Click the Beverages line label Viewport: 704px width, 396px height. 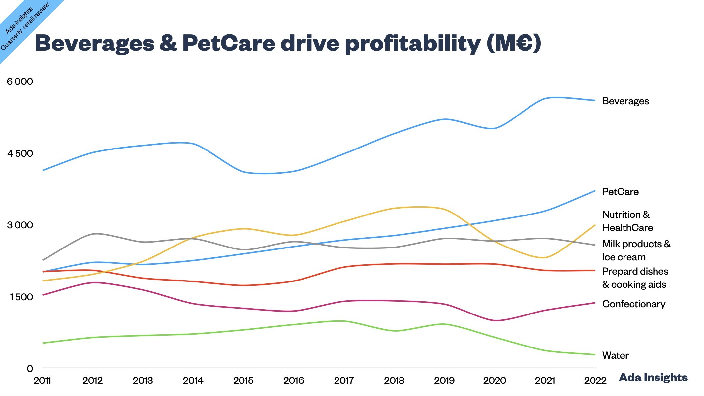pos(625,101)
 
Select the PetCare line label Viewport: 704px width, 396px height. pos(620,192)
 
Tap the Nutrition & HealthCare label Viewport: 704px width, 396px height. pos(627,221)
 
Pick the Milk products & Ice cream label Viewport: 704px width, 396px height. pos(636,250)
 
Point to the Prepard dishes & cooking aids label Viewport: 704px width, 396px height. pos(635,278)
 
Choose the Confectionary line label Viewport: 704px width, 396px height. pos(633,304)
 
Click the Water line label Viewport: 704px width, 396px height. pos(615,355)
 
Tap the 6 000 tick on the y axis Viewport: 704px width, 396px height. pos(20,82)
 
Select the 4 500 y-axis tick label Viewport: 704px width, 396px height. pos(20,153)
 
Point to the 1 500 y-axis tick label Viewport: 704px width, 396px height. pos(21,297)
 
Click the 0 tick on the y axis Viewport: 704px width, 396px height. pos(30,369)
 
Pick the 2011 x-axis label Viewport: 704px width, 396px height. pos(43,381)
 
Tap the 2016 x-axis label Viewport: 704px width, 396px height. pos(294,381)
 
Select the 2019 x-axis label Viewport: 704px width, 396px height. pos(444,381)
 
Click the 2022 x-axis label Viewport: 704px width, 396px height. pos(595,381)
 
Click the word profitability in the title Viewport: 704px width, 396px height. pos(413,44)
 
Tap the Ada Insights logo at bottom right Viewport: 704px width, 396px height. pos(653,377)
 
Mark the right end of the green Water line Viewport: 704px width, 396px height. pos(595,355)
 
